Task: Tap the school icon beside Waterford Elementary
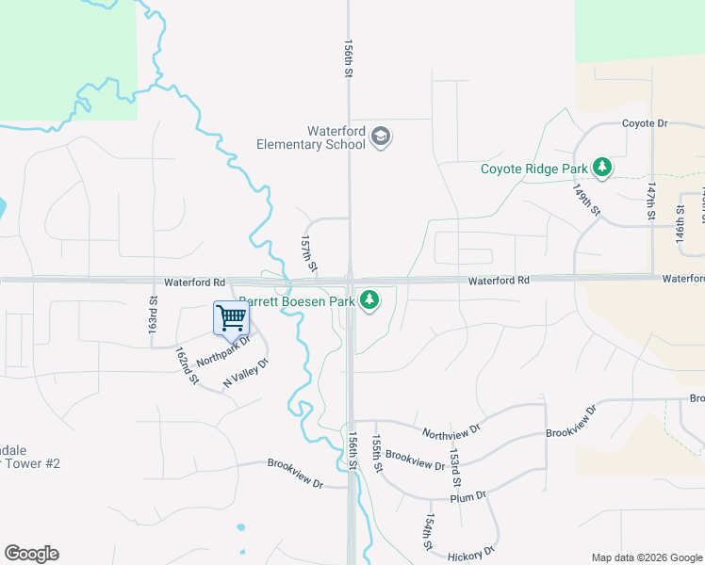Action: [381, 137]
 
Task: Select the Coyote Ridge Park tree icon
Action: [602, 169]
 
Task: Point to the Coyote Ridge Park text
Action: [533, 169]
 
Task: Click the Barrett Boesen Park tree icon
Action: [371, 301]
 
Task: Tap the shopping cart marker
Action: [231, 317]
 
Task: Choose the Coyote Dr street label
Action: [645, 123]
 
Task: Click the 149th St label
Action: [586, 199]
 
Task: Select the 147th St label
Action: [650, 202]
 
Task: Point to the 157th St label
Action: [308, 255]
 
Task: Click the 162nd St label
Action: [187, 365]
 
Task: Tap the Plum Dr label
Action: [467, 496]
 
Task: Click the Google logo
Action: [31, 554]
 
